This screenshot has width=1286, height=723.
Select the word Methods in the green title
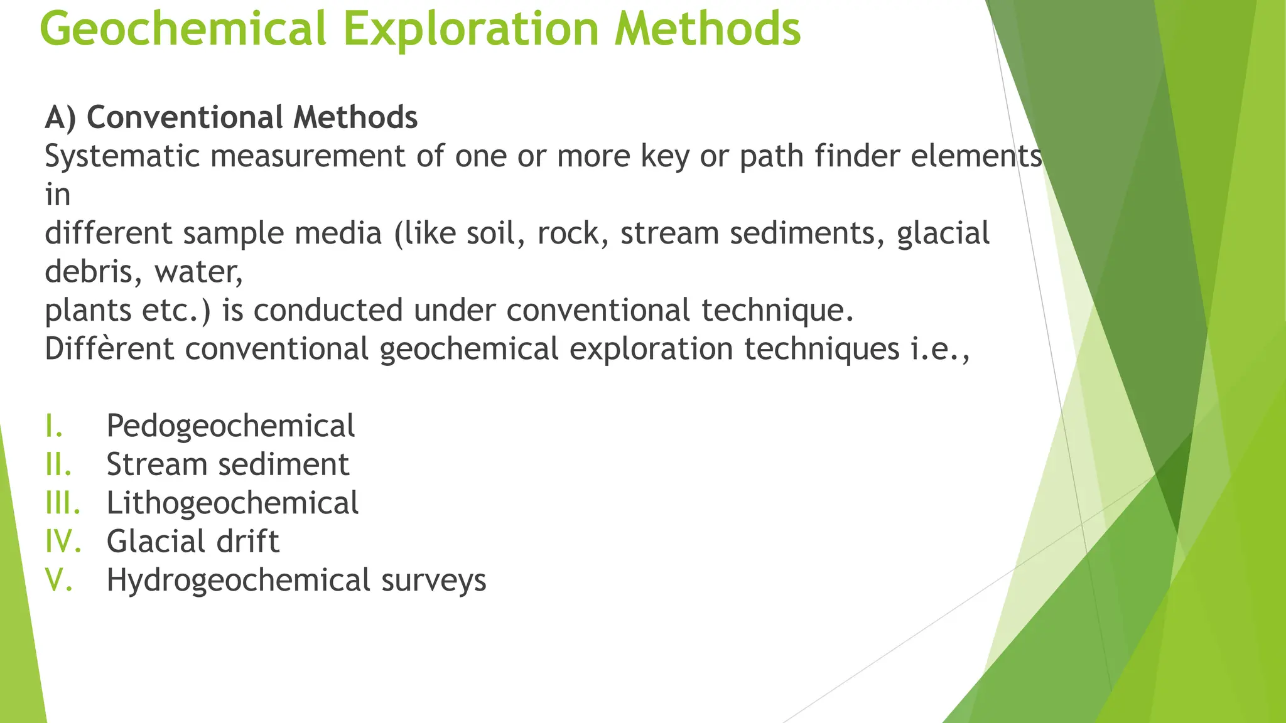[x=708, y=29]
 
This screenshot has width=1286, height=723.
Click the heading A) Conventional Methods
[x=231, y=117]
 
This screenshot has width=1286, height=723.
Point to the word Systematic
[x=122, y=156]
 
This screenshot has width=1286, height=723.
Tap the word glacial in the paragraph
[x=943, y=233]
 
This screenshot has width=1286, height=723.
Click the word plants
[x=87, y=311]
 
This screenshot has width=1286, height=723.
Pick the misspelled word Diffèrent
[x=109, y=349]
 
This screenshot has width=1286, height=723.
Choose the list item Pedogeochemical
[x=230, y=426]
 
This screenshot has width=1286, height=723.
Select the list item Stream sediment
[x=227, y=465]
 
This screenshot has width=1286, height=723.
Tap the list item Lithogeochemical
[x=232, y=503]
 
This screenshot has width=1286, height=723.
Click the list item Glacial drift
[x=193, y=542]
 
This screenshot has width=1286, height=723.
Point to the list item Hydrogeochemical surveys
[x=296, y=581]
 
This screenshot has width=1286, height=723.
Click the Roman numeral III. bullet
[x=63, y=503]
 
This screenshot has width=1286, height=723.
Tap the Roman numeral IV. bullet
[x=63, y=542]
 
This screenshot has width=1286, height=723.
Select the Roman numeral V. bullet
[x=59, y=581]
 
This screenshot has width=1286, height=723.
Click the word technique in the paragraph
[x=776, y=311]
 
